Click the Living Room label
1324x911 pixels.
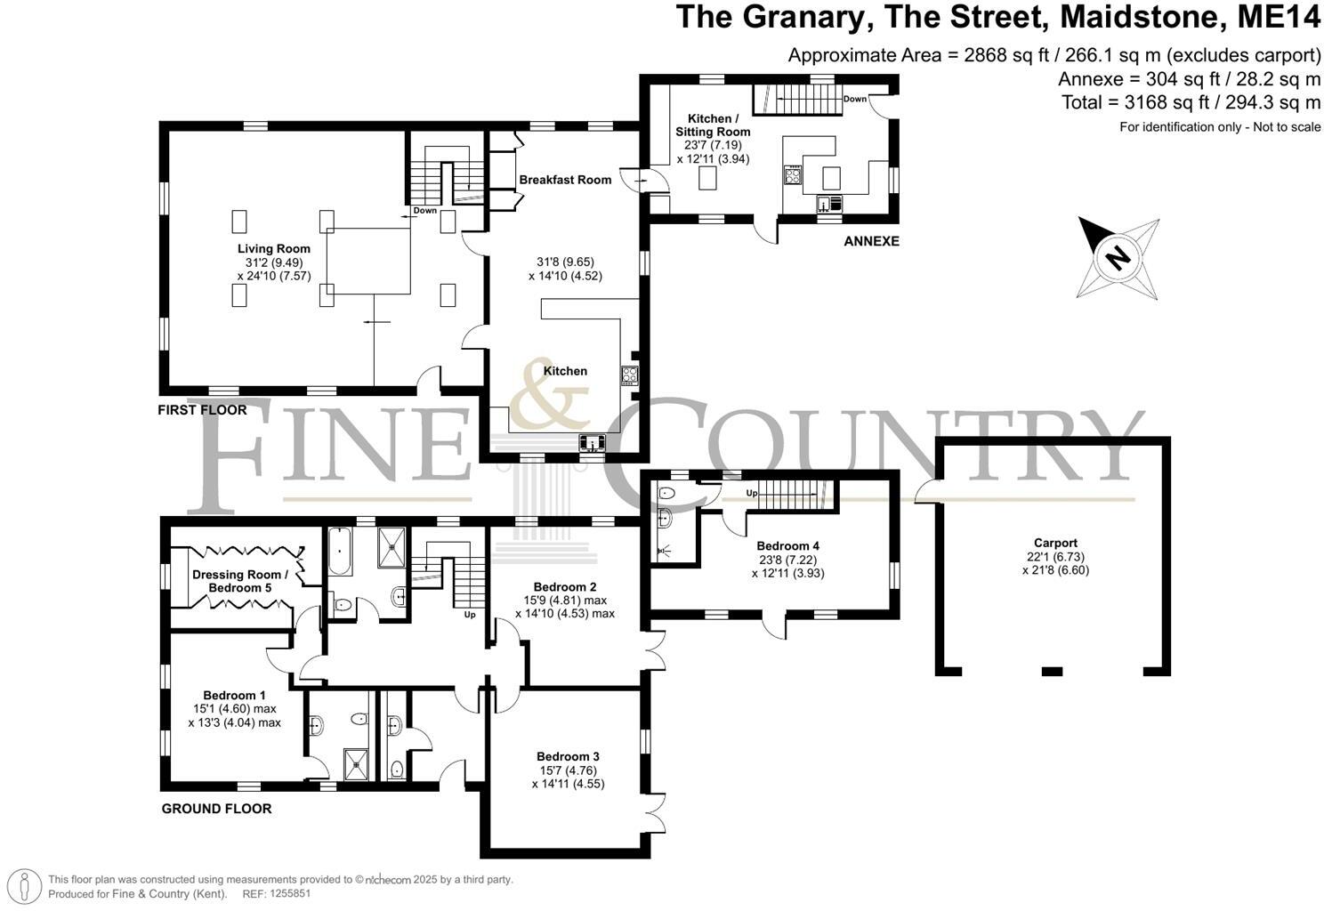(273, 248)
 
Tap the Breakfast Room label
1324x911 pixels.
(565, 180)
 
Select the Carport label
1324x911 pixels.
(1055, 543)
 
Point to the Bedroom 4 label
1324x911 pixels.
(787, 546)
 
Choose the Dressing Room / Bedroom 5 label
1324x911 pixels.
(240, 581)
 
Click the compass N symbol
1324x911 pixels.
(1117, 258)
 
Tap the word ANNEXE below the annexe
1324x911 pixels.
(871, 241)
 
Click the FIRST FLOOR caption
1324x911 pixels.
(202, 410)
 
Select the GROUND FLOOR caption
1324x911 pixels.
(216, 809)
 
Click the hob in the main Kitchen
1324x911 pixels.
(630, 375)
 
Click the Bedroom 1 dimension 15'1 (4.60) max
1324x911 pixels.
(235, 709)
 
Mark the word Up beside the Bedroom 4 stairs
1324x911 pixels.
(751, 493)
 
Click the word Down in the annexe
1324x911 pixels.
(854, 99)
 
